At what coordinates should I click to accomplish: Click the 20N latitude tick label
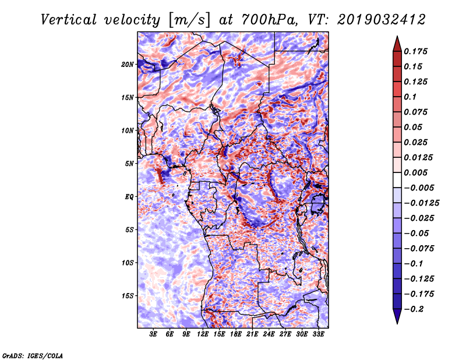point(128,64)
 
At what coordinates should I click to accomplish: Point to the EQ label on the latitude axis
point(129,196)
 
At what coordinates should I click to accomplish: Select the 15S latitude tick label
point(128,295)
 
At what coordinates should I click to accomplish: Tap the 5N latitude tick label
point(129,164)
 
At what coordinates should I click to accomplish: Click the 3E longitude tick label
point(153,334)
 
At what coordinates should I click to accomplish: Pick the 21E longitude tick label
point(252,334)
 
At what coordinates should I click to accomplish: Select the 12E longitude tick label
point(203,334)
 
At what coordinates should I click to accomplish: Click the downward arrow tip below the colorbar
point(396,322)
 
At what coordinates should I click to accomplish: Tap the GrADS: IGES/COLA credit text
point(32,355)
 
